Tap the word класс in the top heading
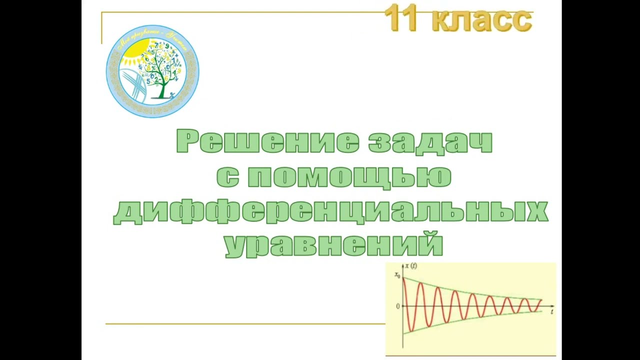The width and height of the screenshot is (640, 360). tap(481, 20)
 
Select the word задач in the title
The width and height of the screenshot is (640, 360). tap(430, 141)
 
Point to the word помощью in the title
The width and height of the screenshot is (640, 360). tap(349, 176)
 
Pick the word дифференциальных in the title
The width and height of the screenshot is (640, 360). tap(330, 211)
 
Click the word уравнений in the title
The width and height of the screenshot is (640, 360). tap(333, 244)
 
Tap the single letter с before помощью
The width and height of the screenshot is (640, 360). tap(227, 177)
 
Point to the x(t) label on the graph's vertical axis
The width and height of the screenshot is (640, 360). tap(411, 266)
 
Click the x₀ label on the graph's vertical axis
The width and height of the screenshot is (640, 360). tap(397, 275)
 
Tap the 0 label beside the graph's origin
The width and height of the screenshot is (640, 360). tap(398, 306)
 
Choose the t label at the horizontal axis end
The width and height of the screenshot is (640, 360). tap(551, 312)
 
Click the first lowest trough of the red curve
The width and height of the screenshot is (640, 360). tap(410, 331)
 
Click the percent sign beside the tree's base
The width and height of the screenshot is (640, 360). tap(172, 94)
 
